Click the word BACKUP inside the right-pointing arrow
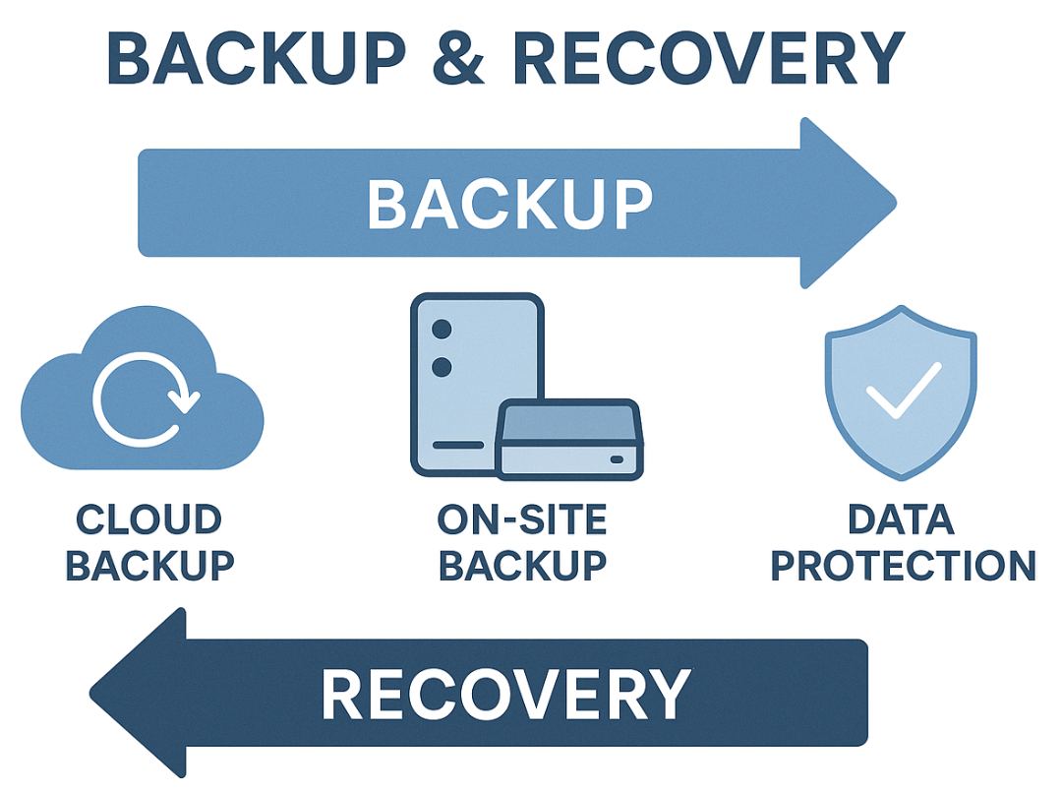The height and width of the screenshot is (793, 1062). (x=508, y=205)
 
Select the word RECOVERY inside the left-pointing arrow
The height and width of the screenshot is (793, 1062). (x=505, y=695)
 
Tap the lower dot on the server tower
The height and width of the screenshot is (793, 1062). (x=442, y=367)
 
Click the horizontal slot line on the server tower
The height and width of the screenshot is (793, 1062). (x=458, y=445)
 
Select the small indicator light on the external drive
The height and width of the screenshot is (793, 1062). (x=617, y=459)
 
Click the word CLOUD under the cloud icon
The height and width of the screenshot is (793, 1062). (x=149, y=519)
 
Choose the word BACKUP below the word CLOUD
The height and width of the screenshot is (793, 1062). (x=149, y=565)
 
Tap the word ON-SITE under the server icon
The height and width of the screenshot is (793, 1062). (x=522, y=519)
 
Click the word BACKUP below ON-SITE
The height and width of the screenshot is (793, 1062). (x=522, y=565)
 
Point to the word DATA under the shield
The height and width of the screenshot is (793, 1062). (x=902, y=519)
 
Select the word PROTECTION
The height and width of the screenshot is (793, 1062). (x=902, y=565)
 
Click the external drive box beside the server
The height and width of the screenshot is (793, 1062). (x=566, y=439)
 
